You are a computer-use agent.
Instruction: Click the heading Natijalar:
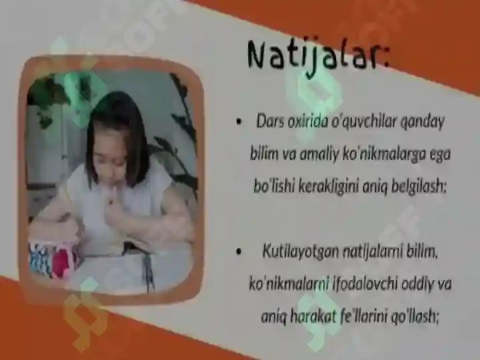pos(317,55)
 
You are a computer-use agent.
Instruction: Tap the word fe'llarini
pos(379,315)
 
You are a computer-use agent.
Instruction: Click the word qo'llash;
pos(422,315)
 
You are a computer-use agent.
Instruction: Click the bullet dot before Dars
pos(238,123)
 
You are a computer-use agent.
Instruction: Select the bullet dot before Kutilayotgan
pos(238,253)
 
